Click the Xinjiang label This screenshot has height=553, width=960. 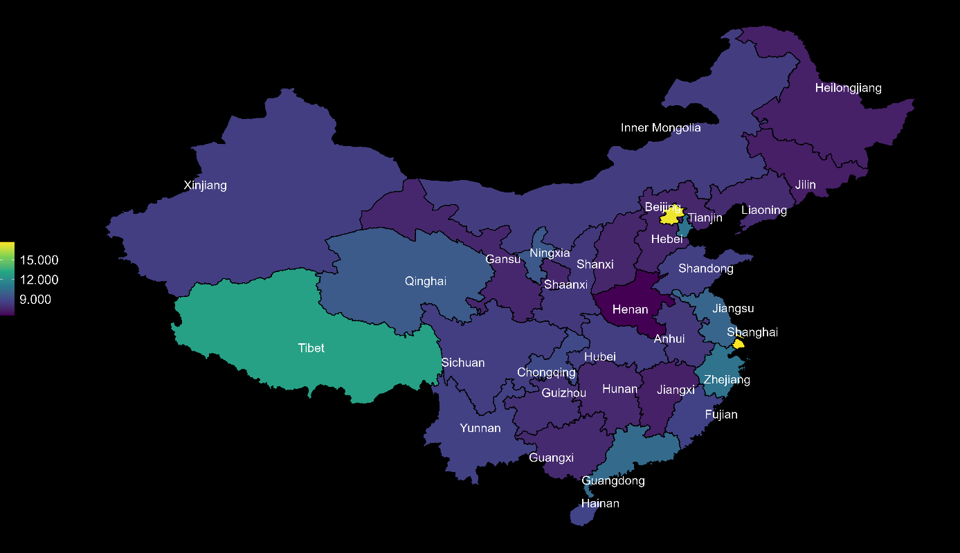point(205,185)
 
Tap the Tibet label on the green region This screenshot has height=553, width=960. point(311,348)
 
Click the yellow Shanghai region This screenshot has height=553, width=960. point(738,344)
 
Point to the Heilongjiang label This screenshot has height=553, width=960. point(848,88)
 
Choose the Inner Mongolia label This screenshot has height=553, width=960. point(660,128)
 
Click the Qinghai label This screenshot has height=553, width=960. point(425,281)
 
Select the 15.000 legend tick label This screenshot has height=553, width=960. point(39,260)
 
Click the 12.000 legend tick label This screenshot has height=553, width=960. point(39,280)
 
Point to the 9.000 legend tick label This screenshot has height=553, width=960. point(35,300)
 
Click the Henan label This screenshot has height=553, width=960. point(630,309)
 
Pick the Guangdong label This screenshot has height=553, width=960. point(613,480)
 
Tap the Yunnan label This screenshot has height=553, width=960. point(480,428)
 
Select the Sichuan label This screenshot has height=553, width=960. point(463,363)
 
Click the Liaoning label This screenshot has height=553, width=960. point(763,210)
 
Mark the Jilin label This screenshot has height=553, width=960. point(805,185)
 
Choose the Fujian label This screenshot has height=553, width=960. point(721,415)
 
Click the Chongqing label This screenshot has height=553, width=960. point(546,372)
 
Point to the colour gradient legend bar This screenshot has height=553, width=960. point(7,279)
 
